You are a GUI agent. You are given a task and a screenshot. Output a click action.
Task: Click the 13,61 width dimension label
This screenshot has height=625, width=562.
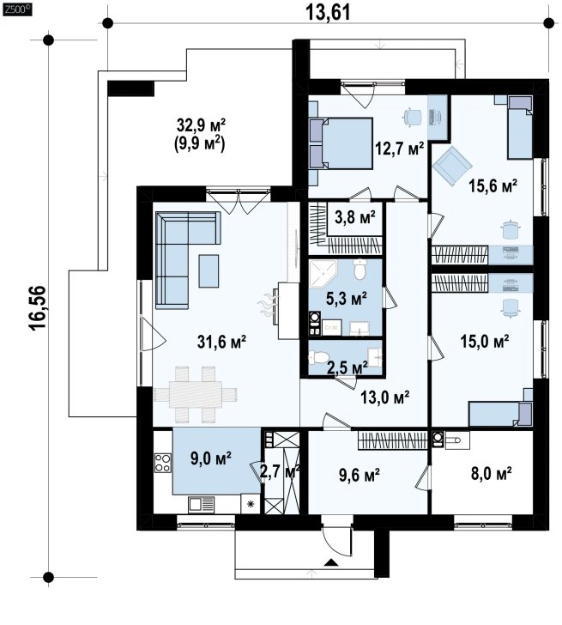(x=329, y=12)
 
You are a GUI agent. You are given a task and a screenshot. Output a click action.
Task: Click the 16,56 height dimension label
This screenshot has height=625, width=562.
(x=39, y=307)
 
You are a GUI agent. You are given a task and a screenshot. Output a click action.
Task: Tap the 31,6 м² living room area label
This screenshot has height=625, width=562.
(x=221, y=342)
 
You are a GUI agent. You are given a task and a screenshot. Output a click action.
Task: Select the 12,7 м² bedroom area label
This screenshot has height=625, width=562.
(x=399, y=149)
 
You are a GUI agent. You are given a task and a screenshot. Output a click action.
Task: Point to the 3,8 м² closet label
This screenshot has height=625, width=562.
(x=355, y=217)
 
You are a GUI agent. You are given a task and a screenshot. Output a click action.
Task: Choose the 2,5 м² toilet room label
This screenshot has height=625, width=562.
(x=347, y=367)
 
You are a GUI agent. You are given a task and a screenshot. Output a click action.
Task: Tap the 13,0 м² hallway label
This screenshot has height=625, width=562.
(x=385, y=397)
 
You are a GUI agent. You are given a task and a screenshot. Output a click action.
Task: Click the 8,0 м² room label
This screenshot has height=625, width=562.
(x=490, y=473)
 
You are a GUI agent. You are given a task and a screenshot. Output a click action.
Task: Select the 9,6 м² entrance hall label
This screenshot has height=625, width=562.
(x=359, y=474)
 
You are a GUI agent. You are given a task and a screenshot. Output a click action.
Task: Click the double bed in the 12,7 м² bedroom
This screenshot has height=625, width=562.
(x=341, y=143)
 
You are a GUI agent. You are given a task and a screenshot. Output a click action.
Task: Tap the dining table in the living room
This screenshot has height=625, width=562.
(x=195, y=394)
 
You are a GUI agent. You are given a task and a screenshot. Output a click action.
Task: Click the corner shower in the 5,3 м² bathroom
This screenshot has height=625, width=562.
(x=323, y=273)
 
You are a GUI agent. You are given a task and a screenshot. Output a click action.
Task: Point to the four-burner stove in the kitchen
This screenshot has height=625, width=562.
(x=162, y=463)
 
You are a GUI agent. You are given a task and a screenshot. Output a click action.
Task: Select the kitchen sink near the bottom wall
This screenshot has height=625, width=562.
(x=201, y=505)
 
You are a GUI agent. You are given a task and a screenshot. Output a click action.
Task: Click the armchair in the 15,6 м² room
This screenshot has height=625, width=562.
(x=453, y=166)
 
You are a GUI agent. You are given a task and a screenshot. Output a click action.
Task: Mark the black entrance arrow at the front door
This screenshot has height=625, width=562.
(x=330, y=562)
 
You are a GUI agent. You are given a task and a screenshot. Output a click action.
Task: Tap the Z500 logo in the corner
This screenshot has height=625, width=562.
(x=17, y=10)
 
